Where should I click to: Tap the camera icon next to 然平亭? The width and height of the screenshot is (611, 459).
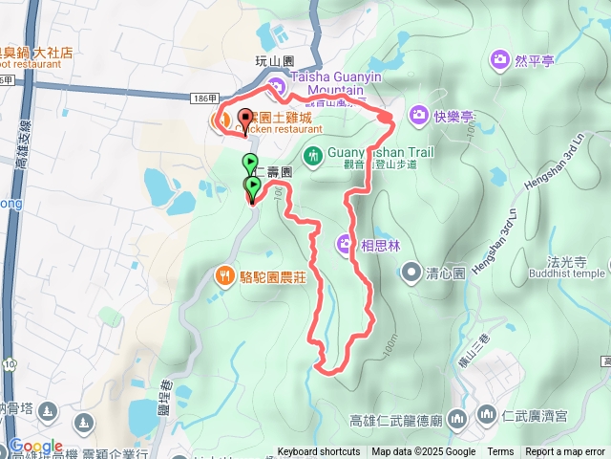coord(499,61)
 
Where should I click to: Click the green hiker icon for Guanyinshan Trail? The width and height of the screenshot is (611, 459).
coord(312,155)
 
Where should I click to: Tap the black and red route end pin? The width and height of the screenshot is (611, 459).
coord(243,121)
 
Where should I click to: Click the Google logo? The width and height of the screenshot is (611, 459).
coord(35,447)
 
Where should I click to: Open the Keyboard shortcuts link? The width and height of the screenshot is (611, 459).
coord(319,452)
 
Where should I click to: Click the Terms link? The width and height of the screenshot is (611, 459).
coord(500,452)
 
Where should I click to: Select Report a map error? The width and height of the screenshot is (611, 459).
coord(565,452)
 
